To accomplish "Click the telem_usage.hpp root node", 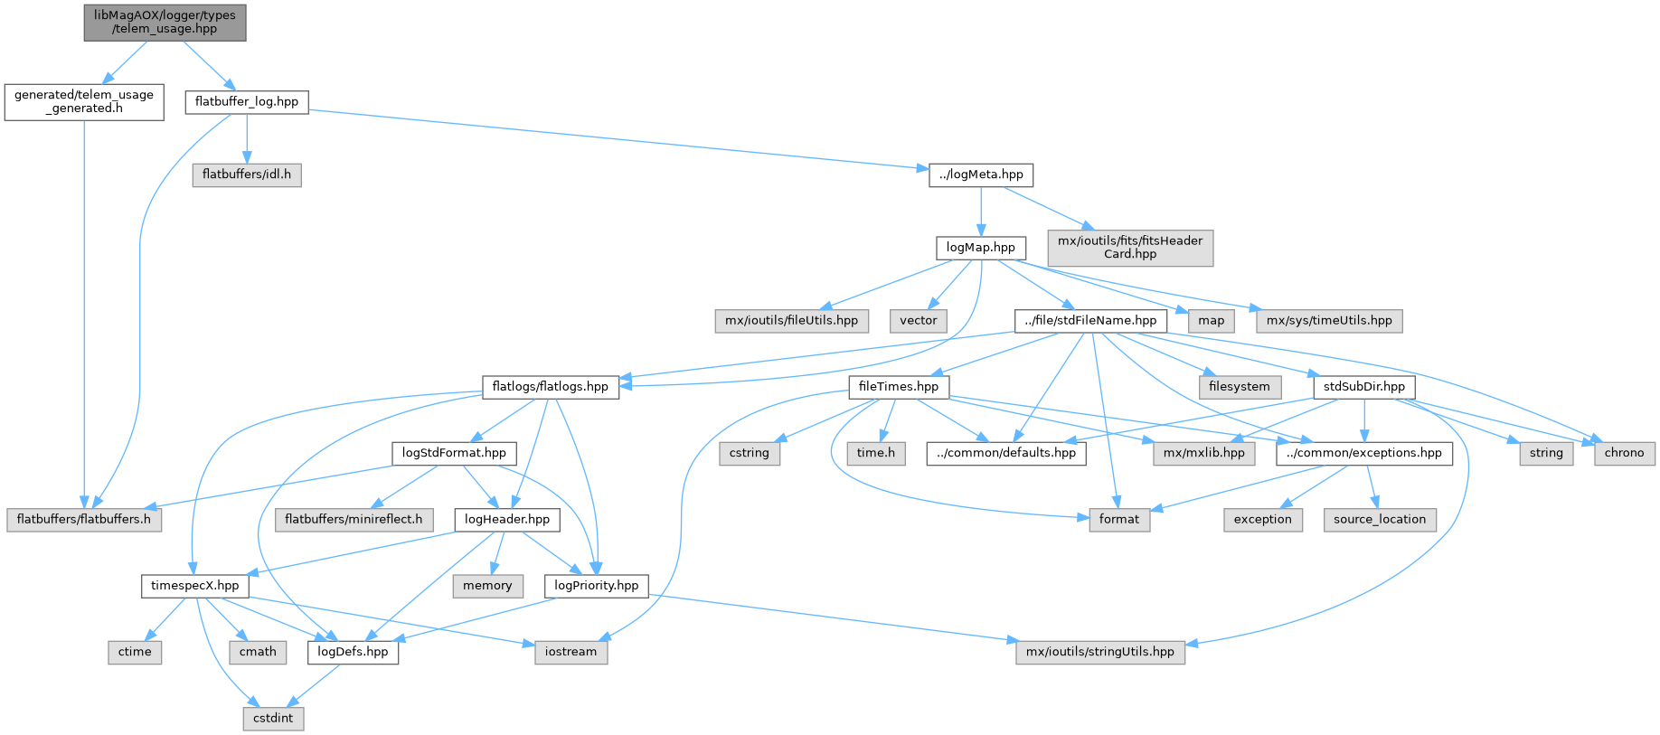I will (x=165, y=22).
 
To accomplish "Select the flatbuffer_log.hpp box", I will (x=247, y=101).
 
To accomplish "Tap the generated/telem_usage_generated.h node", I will (x=84, y=101).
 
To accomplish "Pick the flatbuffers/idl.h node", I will (x=247, y=174).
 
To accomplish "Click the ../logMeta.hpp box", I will (x=981, y=174).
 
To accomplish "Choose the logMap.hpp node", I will (x=981, y=247).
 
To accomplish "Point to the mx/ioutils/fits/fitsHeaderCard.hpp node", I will (x=1130, y=248).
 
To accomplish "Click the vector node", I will (x=919, y=320).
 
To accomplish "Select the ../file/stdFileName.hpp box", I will (x=1090, y=320).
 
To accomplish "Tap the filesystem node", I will (x=1240, y=386).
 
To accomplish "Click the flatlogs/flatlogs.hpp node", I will (x=551, y=386).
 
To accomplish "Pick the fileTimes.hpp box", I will (x=899, y=386).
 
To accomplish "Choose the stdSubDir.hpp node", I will (x=1364, y=386).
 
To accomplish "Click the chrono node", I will (x=1625, y=453).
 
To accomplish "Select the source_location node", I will (x=1380, y=519).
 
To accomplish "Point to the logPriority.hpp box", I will (x=597, y=585).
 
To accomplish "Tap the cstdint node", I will (x=273, y=718).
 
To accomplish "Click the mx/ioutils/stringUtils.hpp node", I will (x=1100, y=652).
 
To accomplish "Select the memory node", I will (x=487, y=586).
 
